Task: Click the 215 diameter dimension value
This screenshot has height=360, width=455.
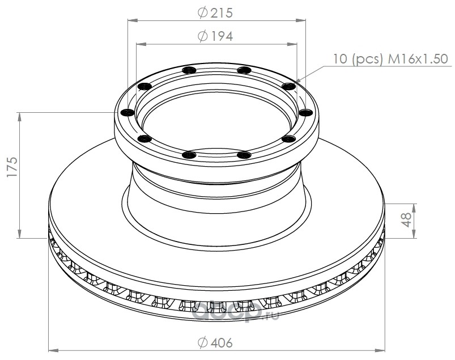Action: coord(222,13)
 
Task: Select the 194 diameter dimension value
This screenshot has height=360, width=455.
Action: coord(222,36)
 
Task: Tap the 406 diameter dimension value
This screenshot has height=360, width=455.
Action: coord(222,343)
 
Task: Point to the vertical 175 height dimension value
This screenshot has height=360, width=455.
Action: coord(13,167)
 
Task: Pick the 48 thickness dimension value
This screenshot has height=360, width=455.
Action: coord(407,220)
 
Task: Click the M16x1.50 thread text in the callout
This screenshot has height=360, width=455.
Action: coord(418,59)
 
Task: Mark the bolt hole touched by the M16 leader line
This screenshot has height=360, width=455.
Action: coord(289,86)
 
